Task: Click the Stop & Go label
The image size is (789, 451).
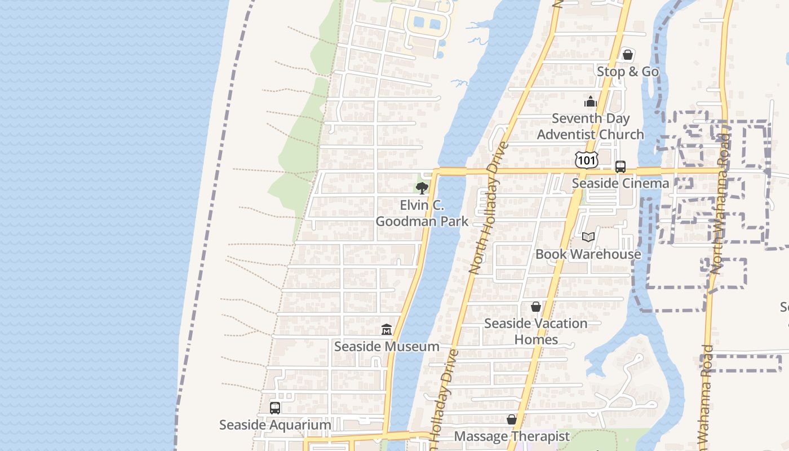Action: click(x=627, y=72)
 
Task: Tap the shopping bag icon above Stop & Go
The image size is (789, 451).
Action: click(x=627, y=55)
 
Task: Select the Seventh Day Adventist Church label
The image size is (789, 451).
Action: click(x=591, y=126)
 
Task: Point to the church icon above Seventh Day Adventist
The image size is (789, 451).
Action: click(x=591, y=102)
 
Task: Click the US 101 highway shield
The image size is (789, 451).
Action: click(x=587, y=160)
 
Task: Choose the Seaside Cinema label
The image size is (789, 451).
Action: click(x=620, y=183)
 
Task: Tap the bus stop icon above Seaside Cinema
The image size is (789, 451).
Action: click(x=620, y=167)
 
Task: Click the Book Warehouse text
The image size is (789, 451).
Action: click(x=588, y=254)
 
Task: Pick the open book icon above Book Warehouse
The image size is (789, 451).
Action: click(x=588, y=237)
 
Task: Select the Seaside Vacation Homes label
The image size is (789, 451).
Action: click(x=535, y=331)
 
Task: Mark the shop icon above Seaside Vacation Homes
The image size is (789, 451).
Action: click(x=536, y=307)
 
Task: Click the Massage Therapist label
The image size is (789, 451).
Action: click(x=512, y=436)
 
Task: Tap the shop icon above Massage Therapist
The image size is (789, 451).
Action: click(x=512, y=420)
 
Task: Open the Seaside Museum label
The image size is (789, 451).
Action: click(x=387, y=346)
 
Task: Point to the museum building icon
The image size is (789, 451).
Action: click(x=387, y=329)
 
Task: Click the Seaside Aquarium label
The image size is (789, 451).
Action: click(x=275, y=425)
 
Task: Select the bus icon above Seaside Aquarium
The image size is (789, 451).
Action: click(x=275, y=408)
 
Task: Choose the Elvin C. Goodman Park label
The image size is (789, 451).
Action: click(x=422, y=213)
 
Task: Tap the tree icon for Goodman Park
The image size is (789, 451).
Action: click(x=422, y=188)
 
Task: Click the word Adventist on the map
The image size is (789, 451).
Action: click(x=564, y=134)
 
